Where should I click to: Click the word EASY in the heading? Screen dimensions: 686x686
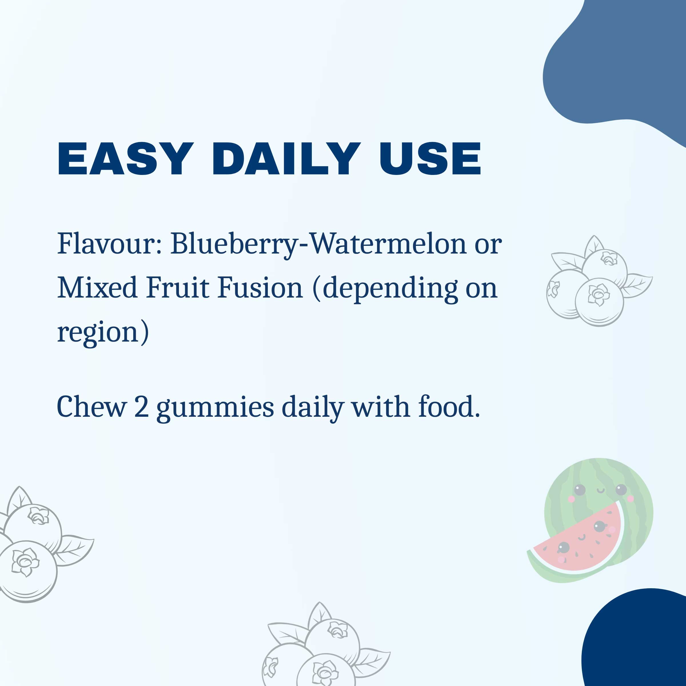(126, 158)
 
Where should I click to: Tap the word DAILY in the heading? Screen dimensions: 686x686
(286, 158)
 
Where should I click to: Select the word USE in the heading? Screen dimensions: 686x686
(430, 158)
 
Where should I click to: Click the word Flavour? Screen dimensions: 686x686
(110, 244)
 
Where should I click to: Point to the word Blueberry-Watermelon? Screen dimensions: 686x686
(318, 245)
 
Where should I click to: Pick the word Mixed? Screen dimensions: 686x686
(97, 288)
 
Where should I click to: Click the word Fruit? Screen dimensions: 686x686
(177, 288)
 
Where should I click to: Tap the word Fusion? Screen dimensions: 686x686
(260, 288)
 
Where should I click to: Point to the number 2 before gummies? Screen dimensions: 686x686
(141, 407)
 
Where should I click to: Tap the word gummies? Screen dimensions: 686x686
(215, 409)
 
